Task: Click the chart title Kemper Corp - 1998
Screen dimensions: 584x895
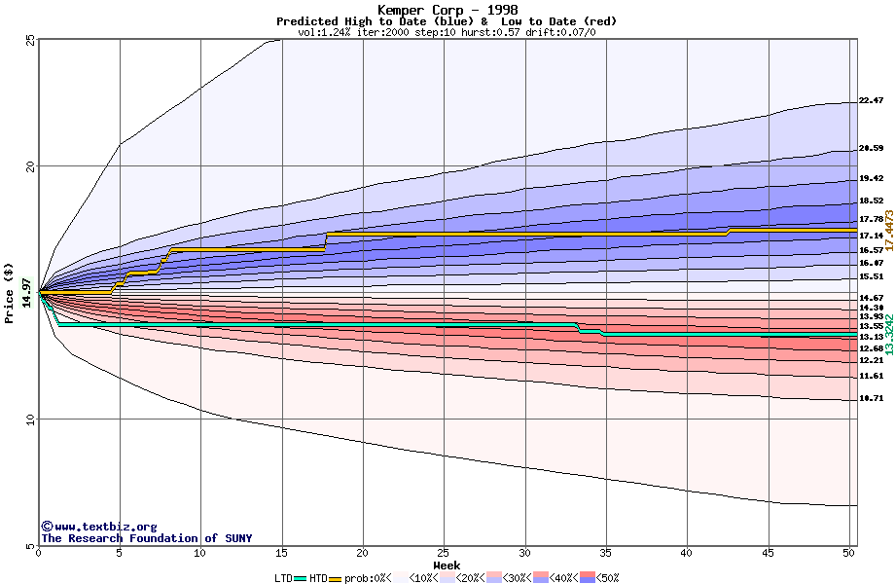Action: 447,10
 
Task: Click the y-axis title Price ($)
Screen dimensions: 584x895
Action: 9,293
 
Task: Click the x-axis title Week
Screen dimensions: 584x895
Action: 447,566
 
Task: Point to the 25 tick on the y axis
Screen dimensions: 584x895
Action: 29,40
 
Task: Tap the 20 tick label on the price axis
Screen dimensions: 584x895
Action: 29,166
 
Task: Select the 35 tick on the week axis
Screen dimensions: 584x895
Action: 606,552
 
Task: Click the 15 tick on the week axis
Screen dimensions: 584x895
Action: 282,552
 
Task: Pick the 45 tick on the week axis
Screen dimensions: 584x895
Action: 769,552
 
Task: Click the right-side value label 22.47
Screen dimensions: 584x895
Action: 871,101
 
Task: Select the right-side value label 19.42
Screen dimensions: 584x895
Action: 871,179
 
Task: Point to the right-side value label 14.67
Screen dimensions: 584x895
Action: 871,298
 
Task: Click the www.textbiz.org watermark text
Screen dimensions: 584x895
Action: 98,527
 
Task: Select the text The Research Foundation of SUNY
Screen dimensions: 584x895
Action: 146,538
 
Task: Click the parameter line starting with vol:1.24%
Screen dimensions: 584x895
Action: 447,32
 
